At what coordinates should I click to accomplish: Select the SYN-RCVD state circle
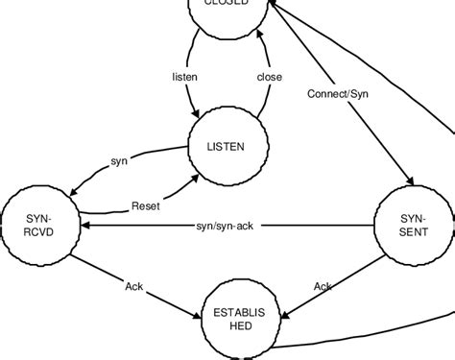(38, 226)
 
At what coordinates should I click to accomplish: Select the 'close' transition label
(270, 75)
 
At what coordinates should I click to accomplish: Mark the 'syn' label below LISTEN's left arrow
(119, 162)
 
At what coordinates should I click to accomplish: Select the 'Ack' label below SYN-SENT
(323, 286)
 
